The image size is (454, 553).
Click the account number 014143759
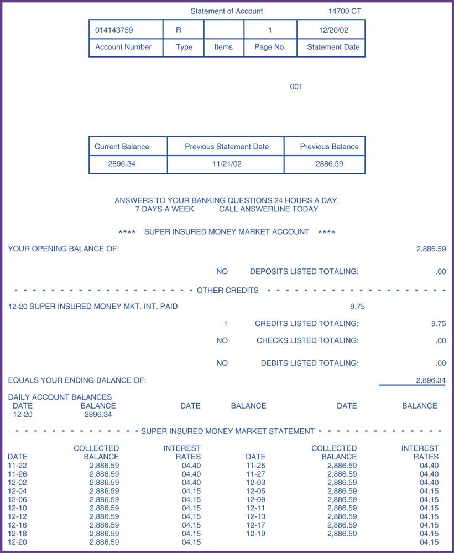pyautogui.click(x=114, y=30)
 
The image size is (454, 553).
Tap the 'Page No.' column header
pyautogui.click(x=270, y=47)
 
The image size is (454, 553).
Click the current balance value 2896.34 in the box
pyautogui.click(x=122, y=164)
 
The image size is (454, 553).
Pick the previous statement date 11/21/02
pyautogui.click(x=227, y=164)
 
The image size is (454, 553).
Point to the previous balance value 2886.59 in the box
pyautogui.click(x=329, y=164)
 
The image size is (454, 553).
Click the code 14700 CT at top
pyautogui.click(x=345, y=11)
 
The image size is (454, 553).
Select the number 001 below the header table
pyautogui.click(x=296, y=86)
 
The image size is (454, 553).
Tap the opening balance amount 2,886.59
pyautogui.click(x=431, y=249)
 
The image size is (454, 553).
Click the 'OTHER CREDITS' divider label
pyautogui.click(x=227, y=290)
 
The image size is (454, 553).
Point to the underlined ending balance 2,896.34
pyautogui.click(x=431, y=380)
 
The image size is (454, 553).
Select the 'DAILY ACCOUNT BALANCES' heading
pyautogui.click(x=60, y=397)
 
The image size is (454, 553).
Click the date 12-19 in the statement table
pyautogui.click(x=255, y=534)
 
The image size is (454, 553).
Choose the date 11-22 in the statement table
pyautogui.click(x=17, y=466)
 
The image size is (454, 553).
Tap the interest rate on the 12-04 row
pyautogui.click(x=191, y=491)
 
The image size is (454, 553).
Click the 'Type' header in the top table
pyautogui.click(x=184, y=47)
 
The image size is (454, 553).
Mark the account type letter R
pyautogui.click(x=179, y=30)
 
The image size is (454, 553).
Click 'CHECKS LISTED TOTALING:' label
pyautogui.click(x=307, y=340)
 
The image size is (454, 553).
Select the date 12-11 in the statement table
pyautogui.click(x=255, y=508)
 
